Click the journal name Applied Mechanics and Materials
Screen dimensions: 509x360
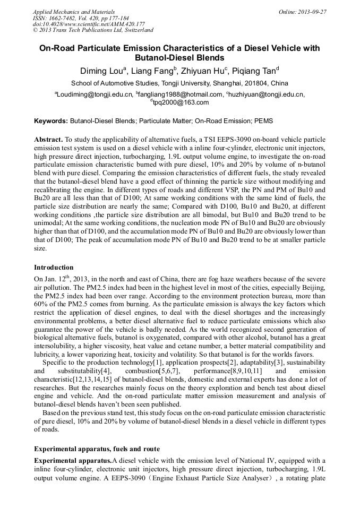click(x=74, y=12)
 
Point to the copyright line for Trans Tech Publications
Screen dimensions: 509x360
click(x=93, y=30)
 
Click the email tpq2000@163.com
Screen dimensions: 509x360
click(x=181, y=102)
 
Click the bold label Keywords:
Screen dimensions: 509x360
click(x=51, y=121)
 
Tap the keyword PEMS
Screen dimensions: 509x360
click(x=263, y=121)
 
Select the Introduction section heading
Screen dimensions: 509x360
click(x=54, y=267)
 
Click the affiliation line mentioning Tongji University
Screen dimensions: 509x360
click(x=179, y=83)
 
